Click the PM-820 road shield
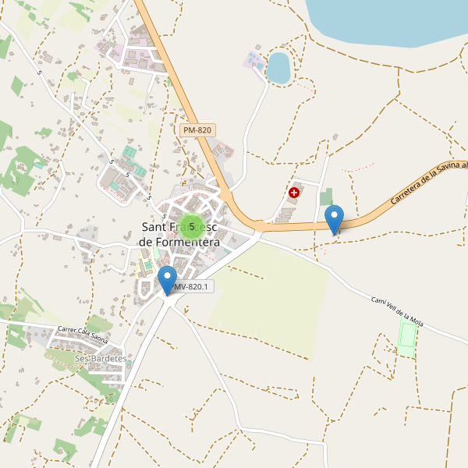[x=197, y=130]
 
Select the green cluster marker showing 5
[x=192, y=227]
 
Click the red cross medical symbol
[x=294, y=192]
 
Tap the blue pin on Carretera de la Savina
[x=334, y=218]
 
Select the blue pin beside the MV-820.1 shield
[x=168, y=280]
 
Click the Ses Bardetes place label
[x=101, y=358]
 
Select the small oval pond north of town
[x=278, y=67]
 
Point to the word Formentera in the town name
[x=179, y=243]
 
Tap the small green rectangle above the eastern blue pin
[x=326, y=197]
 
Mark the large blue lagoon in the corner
[x=390, y=19]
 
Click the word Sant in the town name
[x=157, y=227]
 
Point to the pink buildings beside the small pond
[x=253, y=61]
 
